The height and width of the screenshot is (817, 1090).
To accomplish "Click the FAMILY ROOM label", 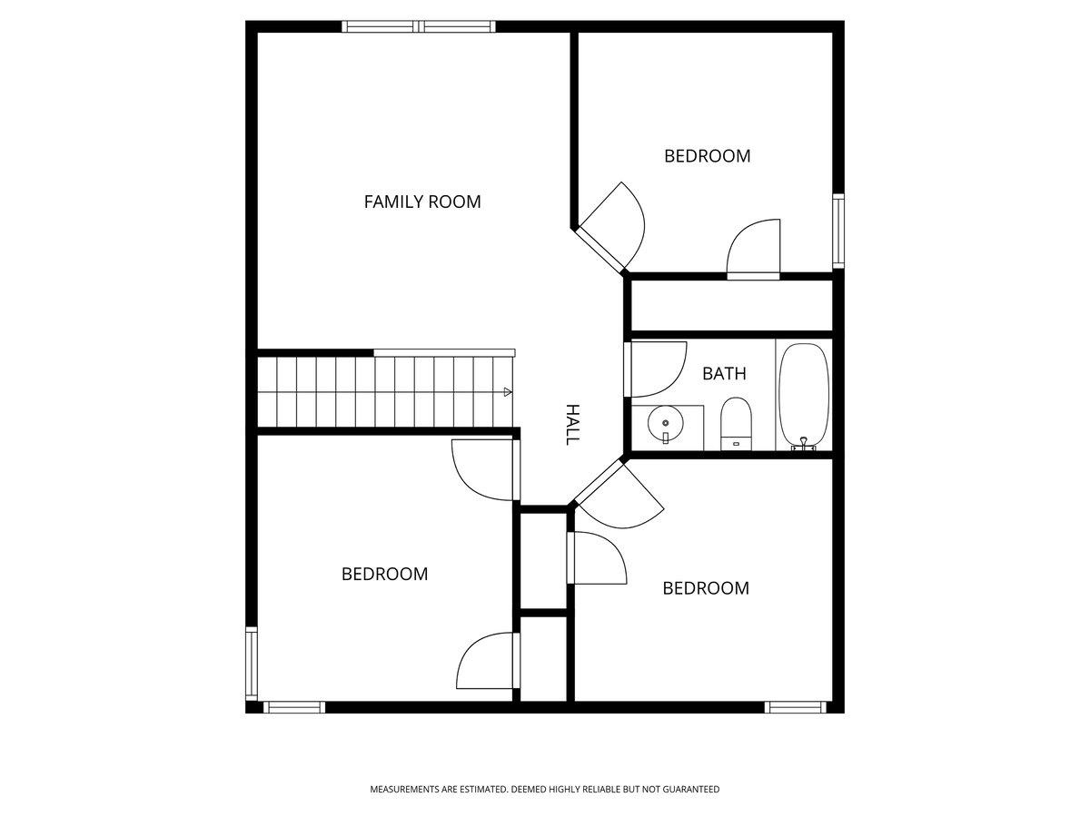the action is pos(422,202).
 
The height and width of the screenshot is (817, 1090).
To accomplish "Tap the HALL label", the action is pos(573,425).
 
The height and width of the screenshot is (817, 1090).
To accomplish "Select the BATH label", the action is pos(724,373).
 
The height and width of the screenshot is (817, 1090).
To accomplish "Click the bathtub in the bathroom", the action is pos(804,396).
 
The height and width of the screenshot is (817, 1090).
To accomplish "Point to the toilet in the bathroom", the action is pos(736,423).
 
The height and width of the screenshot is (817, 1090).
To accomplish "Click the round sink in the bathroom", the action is pos(666,424).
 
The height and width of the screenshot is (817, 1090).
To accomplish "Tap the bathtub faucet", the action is pos(804,444).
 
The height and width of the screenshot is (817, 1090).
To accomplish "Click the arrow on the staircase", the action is pos(508,392).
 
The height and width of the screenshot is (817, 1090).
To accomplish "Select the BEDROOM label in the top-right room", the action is pos(707,156).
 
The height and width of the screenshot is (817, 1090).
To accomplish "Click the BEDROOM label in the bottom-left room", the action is pos(384,574).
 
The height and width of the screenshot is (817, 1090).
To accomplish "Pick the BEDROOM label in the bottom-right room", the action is pos(706,588).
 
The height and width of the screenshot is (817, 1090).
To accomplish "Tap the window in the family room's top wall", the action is pos(419,26).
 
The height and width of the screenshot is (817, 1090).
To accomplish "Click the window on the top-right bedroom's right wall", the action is pos(838,231).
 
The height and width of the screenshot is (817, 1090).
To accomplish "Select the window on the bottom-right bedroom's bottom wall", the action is pos(795,707).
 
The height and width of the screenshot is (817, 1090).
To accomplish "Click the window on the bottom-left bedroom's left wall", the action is pos(252,664).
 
